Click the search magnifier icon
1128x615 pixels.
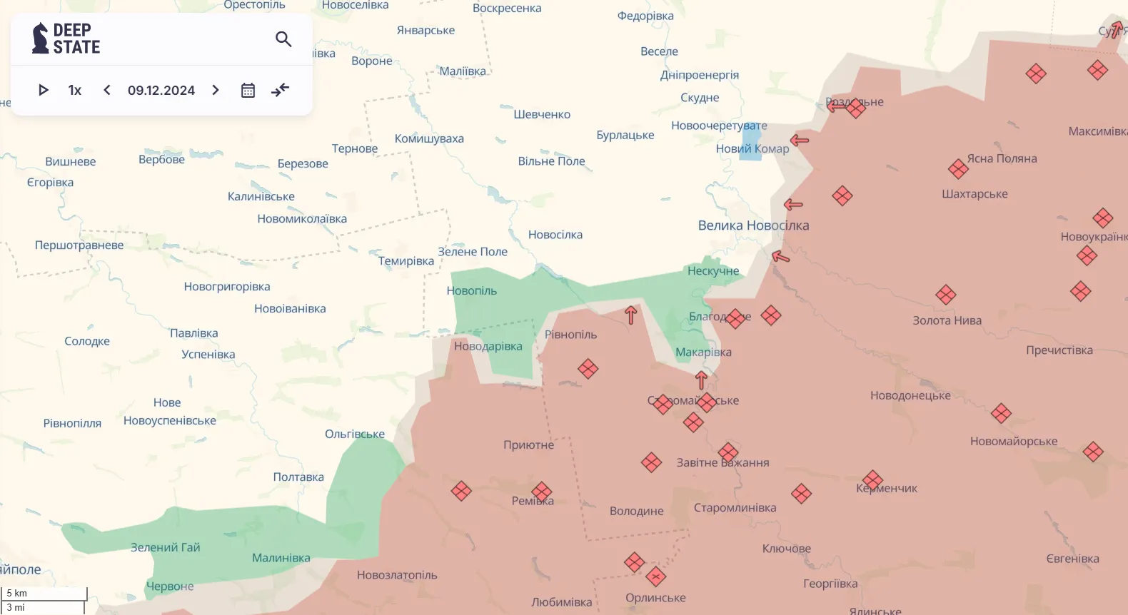point(283,39)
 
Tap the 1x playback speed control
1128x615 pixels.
point(75,90)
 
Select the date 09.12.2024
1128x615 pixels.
point(161,91)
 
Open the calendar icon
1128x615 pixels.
point(248,90)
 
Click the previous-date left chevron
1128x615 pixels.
point(107,90)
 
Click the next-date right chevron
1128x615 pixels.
point(216,90)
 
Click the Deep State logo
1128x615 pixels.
point(66,39)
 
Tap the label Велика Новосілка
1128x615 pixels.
point(753,225)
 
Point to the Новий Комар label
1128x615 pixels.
point(752,149)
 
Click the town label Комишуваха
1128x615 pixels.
point(429,138)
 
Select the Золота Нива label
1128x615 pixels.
point(947,320)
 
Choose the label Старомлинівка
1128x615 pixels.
point(735,508)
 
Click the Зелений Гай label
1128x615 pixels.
point(165,547)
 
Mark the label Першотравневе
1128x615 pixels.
point(79,245)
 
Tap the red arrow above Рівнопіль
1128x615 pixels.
point(630,315)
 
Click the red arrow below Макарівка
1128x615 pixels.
point(701,380)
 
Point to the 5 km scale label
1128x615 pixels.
point(17,593)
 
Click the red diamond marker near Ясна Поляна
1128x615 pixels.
point(958,169)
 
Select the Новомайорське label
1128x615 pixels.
point(1014,442)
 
